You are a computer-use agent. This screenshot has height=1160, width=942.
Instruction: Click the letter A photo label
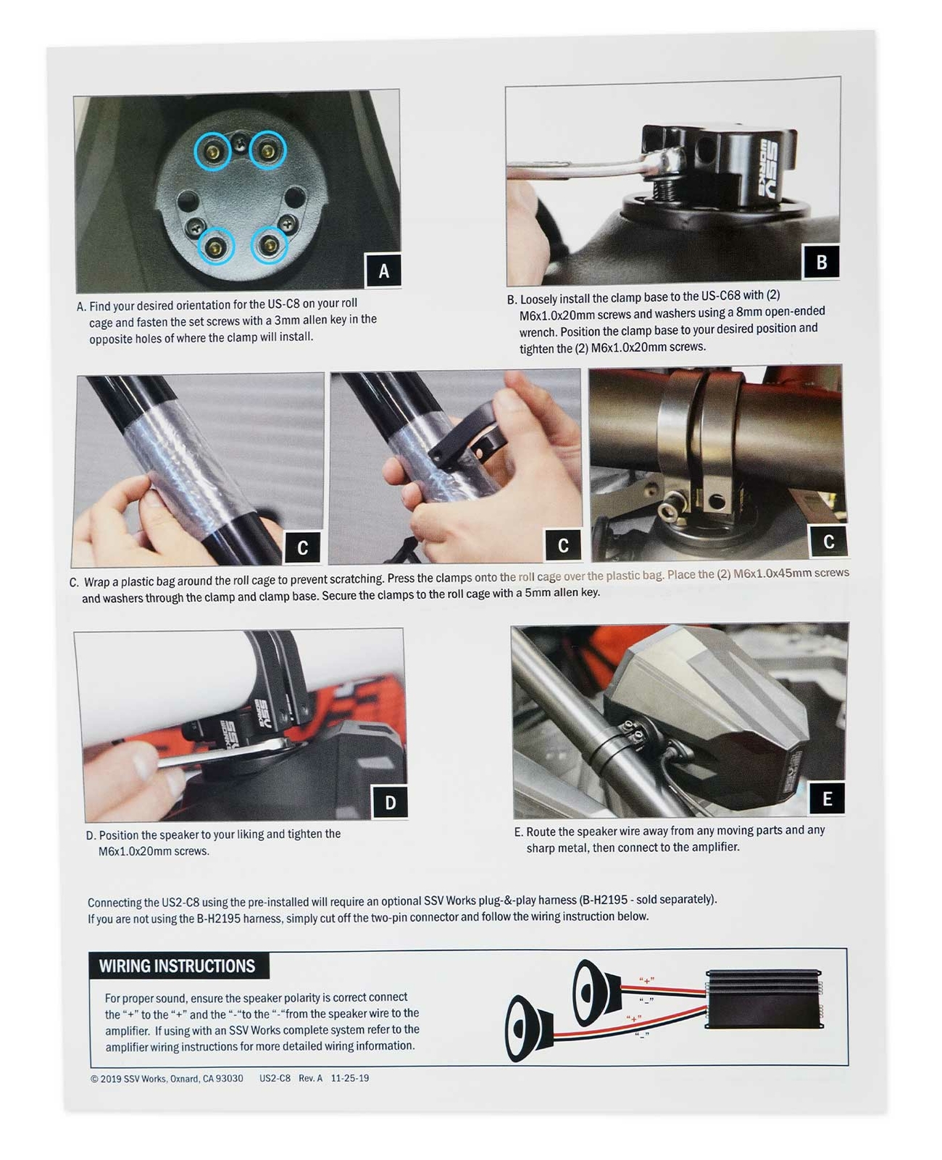[x=383, y=270]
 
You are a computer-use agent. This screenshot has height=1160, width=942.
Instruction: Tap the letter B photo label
[x=821, y=262]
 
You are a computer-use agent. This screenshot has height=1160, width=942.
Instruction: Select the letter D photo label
[x=390, y=802]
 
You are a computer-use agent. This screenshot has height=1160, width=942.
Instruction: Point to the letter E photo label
[x=827, y=798]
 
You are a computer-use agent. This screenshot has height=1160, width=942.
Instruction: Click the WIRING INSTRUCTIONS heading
[x=177, y=966]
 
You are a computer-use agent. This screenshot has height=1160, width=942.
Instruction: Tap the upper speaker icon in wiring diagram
[x=596, y=993]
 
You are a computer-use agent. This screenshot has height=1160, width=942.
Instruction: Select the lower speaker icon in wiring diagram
[x=529, y=1029]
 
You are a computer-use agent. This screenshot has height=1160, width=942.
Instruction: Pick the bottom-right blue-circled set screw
[x=269, y=246]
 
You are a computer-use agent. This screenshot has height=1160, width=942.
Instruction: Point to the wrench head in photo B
[x=661, y=162]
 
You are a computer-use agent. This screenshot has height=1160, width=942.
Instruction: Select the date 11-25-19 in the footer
[x=349, y=1078]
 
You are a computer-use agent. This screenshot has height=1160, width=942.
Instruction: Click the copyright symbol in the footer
[x=94, y=1079]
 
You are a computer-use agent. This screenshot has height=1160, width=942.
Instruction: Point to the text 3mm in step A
[x=301, y=320]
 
